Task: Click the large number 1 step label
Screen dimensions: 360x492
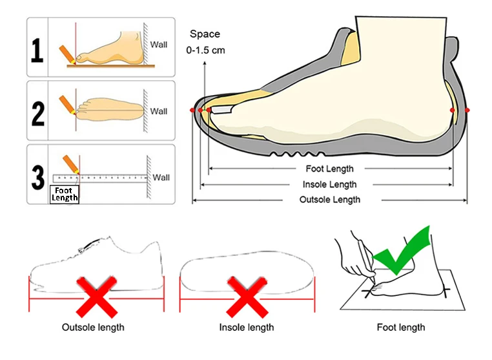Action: [x=38, y=50]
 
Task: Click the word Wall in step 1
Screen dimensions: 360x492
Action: [x=159, y=45]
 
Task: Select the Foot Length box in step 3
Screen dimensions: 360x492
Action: [x=64, y=195]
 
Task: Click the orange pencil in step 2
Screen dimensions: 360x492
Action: [x=67, y=105]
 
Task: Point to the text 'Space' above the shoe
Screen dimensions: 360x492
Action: [x=205, y=34]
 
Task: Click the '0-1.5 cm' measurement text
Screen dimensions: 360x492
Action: [x=205, y=50]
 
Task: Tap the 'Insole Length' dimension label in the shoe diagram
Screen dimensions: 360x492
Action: [x=329, y=185]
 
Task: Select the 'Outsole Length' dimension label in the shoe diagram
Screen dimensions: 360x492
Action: [x=329, y=200]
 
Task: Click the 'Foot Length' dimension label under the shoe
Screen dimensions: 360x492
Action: [x=329, y=169]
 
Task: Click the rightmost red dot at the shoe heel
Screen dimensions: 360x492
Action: [x=467, y=111]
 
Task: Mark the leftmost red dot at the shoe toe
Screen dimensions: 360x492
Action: [x=192, y=111]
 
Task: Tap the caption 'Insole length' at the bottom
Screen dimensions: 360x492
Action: [x=247, y=328]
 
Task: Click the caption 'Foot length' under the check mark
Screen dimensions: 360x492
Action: [x=401, y=328]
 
